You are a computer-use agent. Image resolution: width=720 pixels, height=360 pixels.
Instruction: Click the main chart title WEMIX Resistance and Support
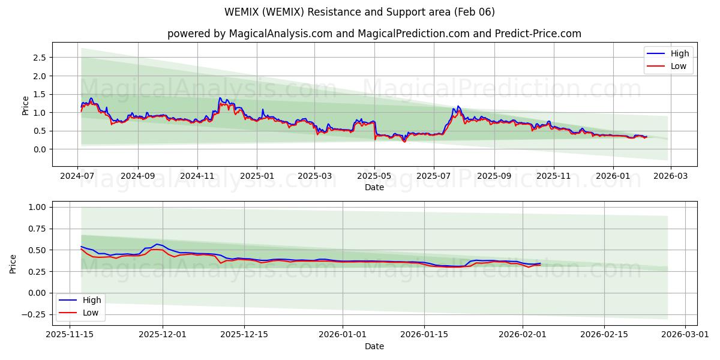point(360,12)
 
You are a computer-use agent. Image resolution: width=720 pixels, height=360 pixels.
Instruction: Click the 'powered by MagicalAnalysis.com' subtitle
point(374,34)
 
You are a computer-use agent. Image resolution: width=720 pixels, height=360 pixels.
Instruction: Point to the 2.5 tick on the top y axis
point(39,58)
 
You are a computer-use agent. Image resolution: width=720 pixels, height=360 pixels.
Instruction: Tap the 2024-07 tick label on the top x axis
point(78,177)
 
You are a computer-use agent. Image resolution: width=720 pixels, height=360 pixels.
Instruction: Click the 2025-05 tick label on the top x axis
point(375,177)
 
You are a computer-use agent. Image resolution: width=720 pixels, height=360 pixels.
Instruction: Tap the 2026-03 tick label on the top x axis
point(670,177)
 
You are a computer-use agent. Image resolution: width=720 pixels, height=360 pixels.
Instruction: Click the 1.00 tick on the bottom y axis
point(37,207)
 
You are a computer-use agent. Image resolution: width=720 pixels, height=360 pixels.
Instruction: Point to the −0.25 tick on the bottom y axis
point(35,314)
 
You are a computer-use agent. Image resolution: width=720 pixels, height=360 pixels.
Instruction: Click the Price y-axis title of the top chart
point(25,105)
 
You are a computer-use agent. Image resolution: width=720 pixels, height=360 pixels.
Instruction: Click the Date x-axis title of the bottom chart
point(374,346)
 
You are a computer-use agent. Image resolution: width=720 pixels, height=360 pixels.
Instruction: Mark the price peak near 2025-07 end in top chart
point(458,106)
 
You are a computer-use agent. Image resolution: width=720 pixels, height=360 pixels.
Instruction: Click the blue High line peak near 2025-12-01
point(157,244)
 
